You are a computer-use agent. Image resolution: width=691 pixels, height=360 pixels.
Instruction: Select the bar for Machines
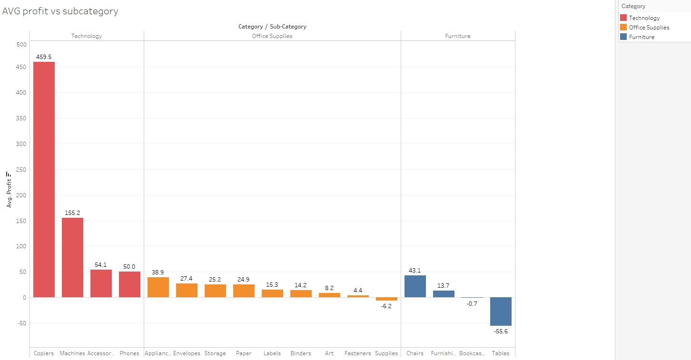[72, 257]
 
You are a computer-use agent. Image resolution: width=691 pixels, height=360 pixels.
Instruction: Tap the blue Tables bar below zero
[501, 311]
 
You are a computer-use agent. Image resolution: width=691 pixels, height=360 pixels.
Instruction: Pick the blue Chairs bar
[415, 286]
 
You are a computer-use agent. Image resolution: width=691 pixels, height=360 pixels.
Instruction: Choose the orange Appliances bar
[158, 287]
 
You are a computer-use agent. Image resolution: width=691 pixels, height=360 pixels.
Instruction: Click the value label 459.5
[44, 57]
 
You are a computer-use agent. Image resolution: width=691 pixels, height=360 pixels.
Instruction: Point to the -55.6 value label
[501, 331]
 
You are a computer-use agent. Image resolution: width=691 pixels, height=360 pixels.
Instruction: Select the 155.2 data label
[72, 213]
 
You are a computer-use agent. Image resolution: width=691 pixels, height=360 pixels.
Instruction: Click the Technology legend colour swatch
[623, 18]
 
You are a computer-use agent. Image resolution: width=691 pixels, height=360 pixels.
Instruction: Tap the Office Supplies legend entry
[649, 28]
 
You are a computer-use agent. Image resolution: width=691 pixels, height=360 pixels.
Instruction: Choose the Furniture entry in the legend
[642, 37]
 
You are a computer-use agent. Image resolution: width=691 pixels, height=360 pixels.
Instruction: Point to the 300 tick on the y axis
[21, 144]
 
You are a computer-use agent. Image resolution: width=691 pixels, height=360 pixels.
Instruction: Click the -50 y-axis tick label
[20, 323]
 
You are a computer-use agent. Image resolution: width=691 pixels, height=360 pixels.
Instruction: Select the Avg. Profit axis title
[9, 190]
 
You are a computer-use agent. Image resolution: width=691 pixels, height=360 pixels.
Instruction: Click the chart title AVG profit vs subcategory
[60, 11]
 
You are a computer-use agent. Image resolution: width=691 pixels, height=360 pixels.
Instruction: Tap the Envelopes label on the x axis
[187, 353]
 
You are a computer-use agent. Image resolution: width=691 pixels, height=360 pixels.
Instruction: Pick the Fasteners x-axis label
[358, 353]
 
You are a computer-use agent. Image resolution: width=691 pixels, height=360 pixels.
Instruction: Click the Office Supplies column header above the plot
[272, 36]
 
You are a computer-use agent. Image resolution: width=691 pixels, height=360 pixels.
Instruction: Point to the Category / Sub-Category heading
[272, 27]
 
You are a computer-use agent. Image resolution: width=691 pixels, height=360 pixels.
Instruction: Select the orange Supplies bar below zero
[386, 299]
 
